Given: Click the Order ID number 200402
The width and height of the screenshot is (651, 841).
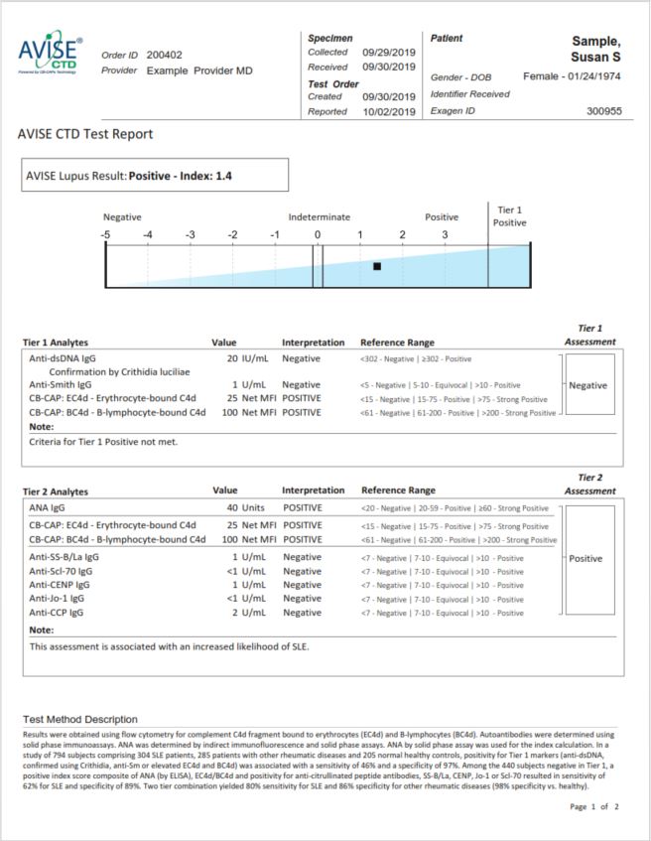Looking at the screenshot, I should [x=164, y=55].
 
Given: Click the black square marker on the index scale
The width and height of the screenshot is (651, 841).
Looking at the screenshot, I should [x=377, y=266].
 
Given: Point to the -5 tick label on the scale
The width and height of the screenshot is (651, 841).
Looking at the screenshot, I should [x=105, y=234].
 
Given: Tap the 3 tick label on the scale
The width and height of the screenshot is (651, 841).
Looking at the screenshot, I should [x=445, y=234].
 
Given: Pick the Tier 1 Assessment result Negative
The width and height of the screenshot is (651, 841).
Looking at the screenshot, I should [x=589, y=384].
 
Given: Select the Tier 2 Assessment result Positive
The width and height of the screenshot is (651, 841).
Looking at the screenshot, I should [x=586, y=558].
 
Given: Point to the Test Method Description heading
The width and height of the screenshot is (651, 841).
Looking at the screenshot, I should [x=81, y=719].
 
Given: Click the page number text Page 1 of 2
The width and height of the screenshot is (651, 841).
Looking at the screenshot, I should [x=594, y=806].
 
